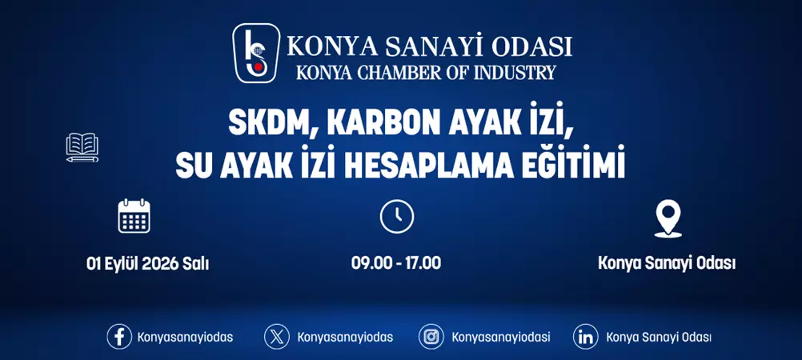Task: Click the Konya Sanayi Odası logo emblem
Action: pos(256,53)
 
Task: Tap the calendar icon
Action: pos(134,216)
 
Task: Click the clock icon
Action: pos(396,217)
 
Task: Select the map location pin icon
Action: pos(667,218)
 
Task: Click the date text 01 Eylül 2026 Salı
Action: pos(147,262)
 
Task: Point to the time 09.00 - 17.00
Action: pos(396,262)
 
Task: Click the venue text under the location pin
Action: pos(667,262)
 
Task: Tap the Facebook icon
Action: pos(119,337)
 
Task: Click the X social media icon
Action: pos(277,337)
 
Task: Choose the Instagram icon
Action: pos(431,337)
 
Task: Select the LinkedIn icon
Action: pos(586,337)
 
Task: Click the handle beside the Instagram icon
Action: pos(501,337)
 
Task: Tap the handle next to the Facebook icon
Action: pos(185,337)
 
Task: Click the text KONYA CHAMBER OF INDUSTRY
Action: pos(425,72)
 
